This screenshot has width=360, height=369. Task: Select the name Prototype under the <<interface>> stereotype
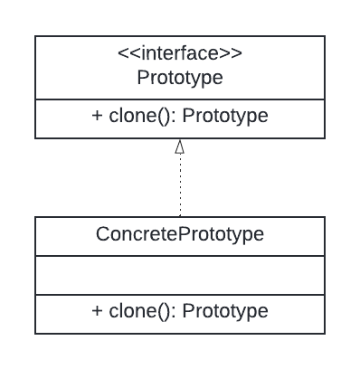tap(180, 78)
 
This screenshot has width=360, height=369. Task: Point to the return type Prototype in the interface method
tap(225, 117)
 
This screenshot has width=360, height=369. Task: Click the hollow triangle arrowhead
tap(180, 146)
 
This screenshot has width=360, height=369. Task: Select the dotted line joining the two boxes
tap(180, 185)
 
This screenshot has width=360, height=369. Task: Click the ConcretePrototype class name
tap(180, 234)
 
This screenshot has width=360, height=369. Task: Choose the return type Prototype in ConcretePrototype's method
tap(225, 311)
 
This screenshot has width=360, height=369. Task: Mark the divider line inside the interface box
tap(180, 99)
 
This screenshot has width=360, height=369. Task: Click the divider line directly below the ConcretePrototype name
tap(180, 255)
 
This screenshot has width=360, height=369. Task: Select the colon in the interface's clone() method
tap(175, 118)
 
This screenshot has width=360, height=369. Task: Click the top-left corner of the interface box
tap(35, 36)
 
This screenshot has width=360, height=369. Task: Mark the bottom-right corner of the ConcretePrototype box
tap(325, 334)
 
